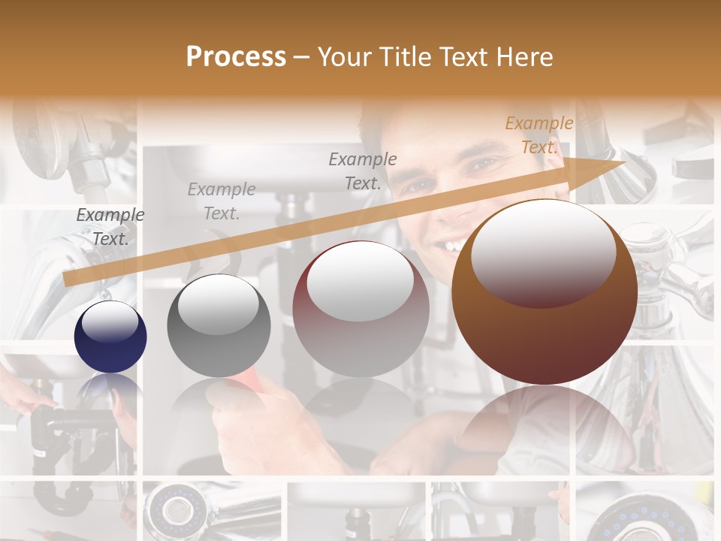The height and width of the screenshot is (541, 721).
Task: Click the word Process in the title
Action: point(236,57)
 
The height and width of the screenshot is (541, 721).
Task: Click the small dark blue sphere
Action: point(110,337)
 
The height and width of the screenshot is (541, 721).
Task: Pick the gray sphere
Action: point(219,325)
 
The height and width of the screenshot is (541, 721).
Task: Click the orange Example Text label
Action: point(538,135)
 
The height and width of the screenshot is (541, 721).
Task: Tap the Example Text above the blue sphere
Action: point(110,226)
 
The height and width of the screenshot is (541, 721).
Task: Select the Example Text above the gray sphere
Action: point(221,201)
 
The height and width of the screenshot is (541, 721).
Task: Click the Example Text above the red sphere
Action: point(363,171)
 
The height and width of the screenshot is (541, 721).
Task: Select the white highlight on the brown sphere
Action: point(543,252)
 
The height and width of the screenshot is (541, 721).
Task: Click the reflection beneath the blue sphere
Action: point(110,387)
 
